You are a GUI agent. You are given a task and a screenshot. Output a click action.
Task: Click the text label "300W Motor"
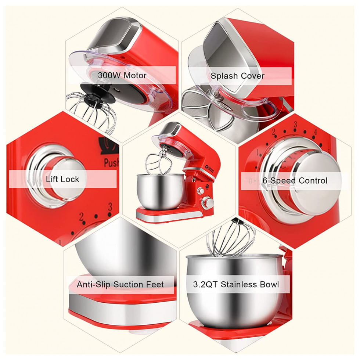coord(122,75)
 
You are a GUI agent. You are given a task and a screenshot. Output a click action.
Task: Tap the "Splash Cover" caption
coord(237,76)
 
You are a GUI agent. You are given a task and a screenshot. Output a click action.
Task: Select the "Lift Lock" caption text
coord(62,179)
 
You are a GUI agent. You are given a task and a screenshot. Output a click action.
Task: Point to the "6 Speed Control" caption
coord(295,180)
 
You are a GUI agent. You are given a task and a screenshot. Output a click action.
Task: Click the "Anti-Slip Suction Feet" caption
coord(120,284)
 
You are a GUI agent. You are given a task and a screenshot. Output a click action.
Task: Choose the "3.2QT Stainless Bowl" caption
coord(236,284)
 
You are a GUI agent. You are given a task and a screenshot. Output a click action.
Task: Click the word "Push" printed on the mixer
coord(111,162)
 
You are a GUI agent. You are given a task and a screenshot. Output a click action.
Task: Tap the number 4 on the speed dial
coord(316,132)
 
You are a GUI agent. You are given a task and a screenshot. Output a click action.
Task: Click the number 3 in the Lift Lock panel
coord(110,207)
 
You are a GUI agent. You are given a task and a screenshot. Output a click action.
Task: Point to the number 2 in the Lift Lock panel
coord(82,217)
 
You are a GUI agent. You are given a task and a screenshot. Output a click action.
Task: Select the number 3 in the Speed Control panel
coord(295,125)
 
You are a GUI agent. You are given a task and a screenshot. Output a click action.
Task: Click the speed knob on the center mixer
coord(208,203)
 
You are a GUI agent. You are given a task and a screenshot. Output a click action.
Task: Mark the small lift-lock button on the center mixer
coord(201,191)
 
